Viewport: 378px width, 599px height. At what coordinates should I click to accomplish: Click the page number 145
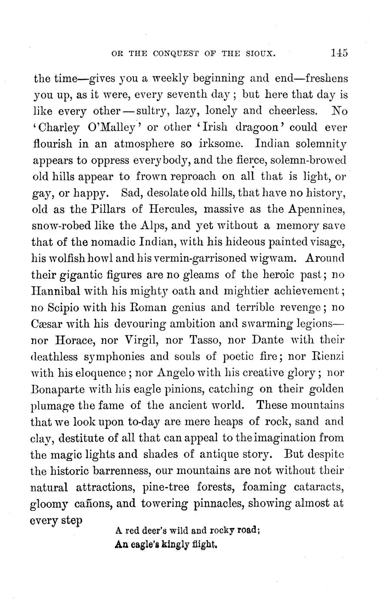coord(338,53)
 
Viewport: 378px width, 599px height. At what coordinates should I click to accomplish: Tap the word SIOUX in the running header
coord(261,54)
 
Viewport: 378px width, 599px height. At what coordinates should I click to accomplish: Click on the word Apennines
coord(316,209)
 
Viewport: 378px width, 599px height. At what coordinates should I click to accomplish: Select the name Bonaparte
coord(58,389)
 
